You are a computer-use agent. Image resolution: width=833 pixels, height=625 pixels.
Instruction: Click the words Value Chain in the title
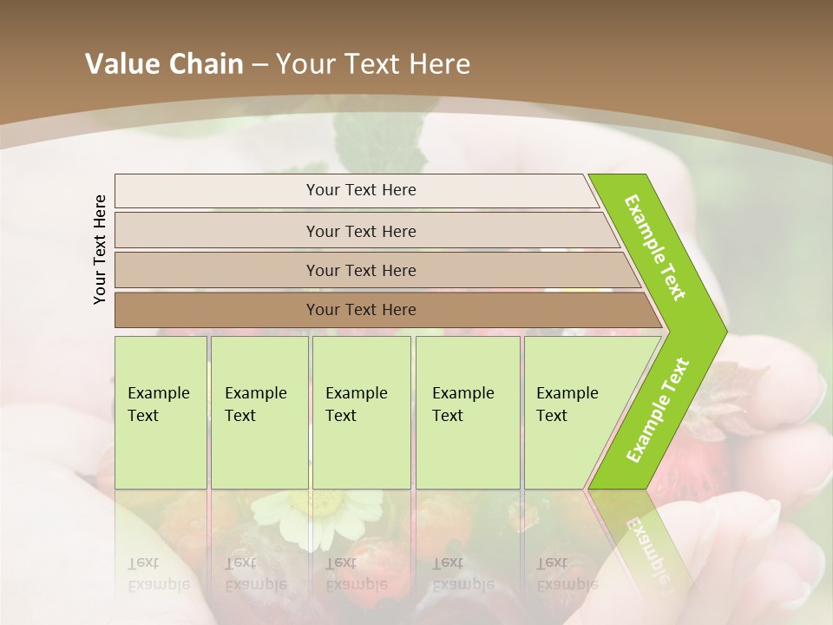point(164,64)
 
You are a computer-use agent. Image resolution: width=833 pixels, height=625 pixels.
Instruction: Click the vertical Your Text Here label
point(100,249)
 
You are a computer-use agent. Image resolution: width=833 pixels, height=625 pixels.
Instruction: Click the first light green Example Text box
point(161,412)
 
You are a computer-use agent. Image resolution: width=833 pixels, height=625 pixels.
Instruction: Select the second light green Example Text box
point(259,412)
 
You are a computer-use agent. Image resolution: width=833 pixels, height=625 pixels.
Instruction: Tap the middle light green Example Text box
point(361,412)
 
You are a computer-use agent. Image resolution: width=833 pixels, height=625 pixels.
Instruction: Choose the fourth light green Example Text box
point(468,412)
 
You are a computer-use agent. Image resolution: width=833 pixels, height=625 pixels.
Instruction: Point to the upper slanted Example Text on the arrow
point(655,247)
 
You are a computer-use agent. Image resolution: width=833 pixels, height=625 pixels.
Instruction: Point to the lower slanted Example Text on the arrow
point(658,410)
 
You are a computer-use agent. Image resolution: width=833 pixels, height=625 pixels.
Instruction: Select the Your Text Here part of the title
point(373,64)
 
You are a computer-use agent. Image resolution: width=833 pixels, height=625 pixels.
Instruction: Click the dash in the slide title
point(259,64)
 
